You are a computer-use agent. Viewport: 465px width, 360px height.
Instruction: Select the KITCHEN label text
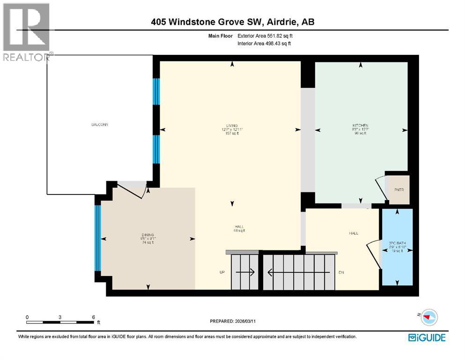click(360, 126)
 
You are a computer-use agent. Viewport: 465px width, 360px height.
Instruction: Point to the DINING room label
click(148, 234)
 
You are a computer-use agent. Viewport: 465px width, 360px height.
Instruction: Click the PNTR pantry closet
click(399, 189)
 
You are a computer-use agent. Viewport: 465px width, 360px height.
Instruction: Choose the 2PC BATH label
click(397, 243)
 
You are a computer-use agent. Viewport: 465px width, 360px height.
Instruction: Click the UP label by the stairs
click(223, 272)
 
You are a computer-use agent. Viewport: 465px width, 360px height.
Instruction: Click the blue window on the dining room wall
click(98, 239)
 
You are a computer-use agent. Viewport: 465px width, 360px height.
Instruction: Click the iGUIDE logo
click(427, 337)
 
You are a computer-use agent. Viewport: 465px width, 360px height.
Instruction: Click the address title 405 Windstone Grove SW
click(232, 22)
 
